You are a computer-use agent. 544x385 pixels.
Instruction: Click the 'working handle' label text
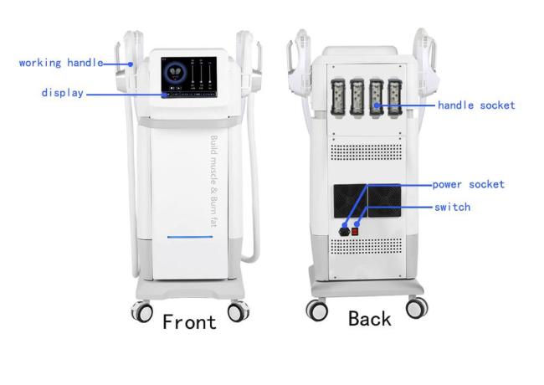click(60, 62)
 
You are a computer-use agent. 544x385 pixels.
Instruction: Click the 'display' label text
click(62, 93)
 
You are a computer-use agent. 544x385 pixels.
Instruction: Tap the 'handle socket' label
click(476, 105)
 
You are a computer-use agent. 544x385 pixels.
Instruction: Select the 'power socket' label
click(468, 183)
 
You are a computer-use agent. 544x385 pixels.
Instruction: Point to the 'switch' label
click(452, 206)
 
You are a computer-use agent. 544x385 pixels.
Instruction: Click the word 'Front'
click(189, 321)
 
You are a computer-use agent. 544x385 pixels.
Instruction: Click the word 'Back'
click(370, 318)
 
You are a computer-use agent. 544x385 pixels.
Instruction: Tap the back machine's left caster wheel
click(318, 311)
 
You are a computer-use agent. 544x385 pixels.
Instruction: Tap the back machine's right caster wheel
click(416, 307)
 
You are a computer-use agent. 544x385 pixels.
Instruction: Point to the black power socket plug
click(343, 226)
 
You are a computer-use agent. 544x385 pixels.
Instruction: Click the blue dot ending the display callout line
click(166, 94)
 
